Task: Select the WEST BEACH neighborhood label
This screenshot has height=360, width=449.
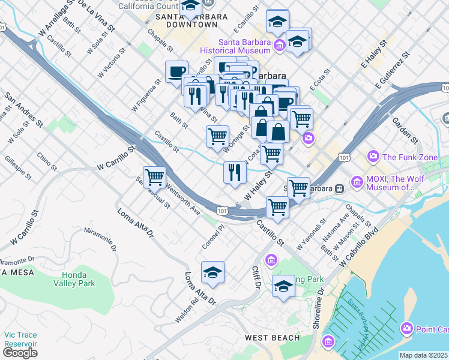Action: tap(272, 338)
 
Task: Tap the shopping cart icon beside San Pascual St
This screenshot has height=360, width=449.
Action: tap(154, 177)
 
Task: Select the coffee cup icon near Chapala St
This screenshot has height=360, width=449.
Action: tap(176, 72)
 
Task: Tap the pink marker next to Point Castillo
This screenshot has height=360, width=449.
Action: tap(408, 328)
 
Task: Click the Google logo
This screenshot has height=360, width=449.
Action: tap(20, 353)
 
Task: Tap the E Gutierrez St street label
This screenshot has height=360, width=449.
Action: tap(393, 68)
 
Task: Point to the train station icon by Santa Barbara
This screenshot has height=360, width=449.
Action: tap(340, 188)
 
